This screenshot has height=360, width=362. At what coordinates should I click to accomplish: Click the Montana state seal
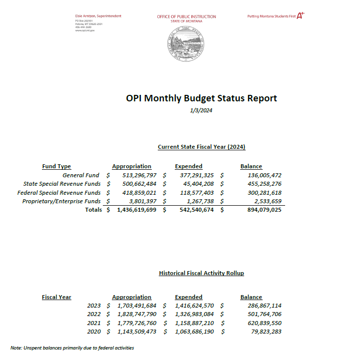[x=186, y=43]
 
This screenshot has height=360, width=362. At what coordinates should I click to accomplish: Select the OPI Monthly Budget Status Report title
[x=201, y=98]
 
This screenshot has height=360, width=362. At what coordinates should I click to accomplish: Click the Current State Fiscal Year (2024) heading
[x=201, y=147]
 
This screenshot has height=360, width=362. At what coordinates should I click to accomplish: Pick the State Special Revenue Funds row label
[x=62, y=184]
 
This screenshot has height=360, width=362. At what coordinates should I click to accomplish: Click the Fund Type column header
[x=56, y=166]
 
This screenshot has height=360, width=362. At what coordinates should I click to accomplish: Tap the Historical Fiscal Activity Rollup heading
[x=201, y=273]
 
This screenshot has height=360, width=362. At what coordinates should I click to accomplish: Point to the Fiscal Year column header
[x=56, y=297]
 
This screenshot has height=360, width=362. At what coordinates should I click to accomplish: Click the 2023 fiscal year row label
[x=94, y=305]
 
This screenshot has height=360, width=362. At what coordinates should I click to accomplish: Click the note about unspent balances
[x=72, y=348]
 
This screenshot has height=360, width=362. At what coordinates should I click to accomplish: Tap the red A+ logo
[x=300, y=15]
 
